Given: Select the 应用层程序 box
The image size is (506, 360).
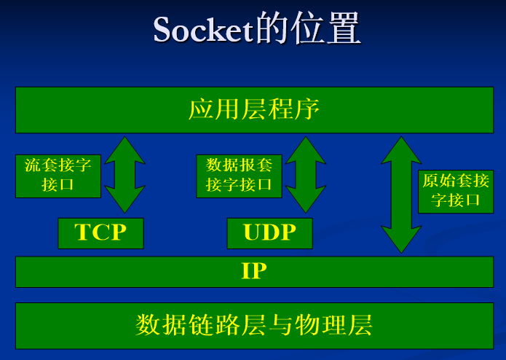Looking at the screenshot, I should coord(254,110).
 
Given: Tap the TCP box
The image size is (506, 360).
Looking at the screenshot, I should coord(100,233).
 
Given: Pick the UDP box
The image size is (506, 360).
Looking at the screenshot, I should coord(269,233).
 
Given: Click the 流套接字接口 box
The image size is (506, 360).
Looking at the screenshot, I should coord(58,176).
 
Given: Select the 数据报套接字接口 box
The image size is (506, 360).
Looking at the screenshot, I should coord(239,176).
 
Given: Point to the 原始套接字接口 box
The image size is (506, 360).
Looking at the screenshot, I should coord(456,191).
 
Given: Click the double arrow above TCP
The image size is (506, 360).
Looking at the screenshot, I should coord(124,175).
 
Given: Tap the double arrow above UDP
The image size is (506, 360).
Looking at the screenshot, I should coord(306,175).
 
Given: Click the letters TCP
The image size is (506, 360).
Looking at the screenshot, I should coord(100,233).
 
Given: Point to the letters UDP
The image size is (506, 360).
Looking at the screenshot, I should coord(269,233).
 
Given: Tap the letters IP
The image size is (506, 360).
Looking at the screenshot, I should coord(254,272).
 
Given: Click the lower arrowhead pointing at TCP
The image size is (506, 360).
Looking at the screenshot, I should coord(124,200).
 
